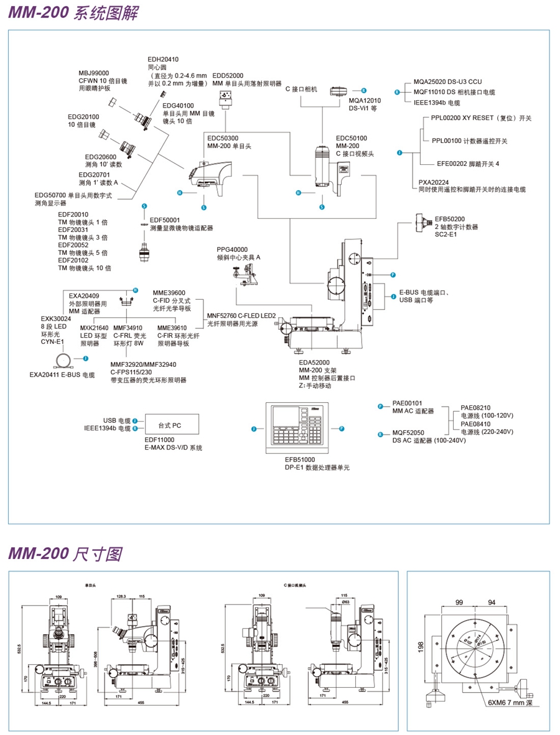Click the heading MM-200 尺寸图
65,553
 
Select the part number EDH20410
163,59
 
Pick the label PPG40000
232,249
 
